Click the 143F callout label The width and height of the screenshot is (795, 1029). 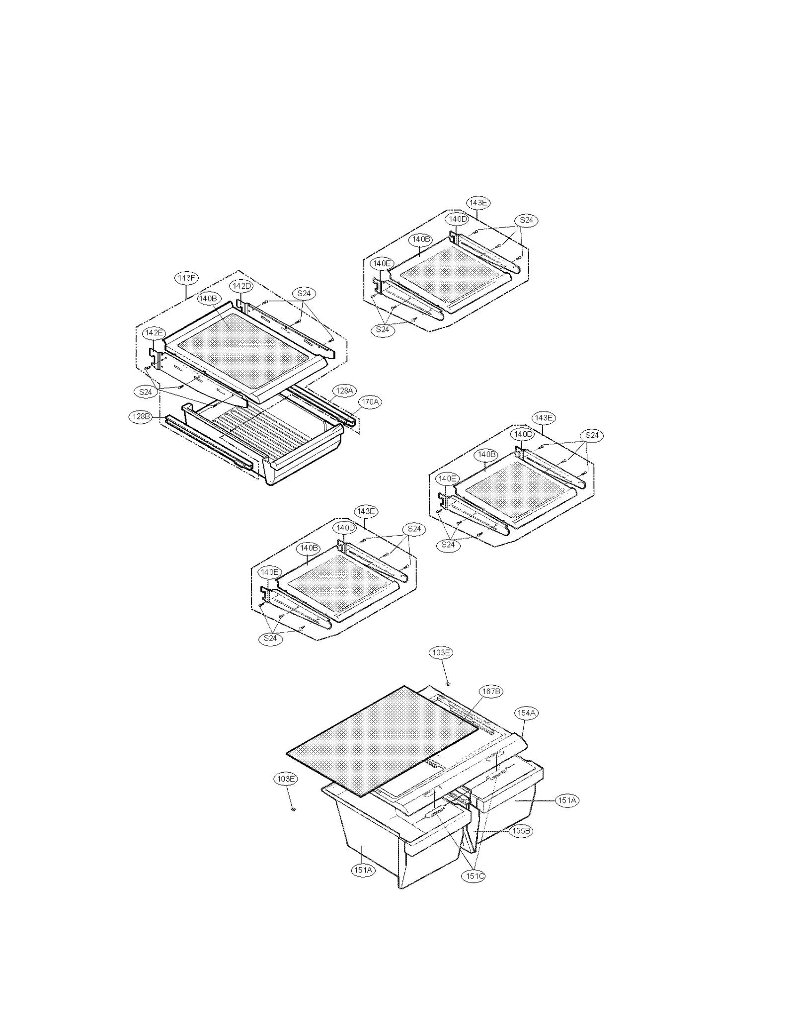click(x=186, y=278)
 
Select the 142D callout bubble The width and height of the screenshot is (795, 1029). click(x=241, y=286)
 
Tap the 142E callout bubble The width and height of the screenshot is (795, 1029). click(x=154, y=332)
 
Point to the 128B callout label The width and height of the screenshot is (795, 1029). click(x=140, y=416)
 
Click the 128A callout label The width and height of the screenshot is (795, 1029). click(x=344, y=391)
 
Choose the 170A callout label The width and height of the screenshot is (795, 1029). click(x=370, y=401)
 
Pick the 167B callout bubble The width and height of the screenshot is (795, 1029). click(x=491, y=691)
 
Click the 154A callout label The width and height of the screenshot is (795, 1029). click(x=527, y=712)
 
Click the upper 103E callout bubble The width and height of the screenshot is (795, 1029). click(x=441, y=652)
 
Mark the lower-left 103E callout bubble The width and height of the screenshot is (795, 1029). click(x=286, y=779)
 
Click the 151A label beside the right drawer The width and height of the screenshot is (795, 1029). click(x=567, y=800)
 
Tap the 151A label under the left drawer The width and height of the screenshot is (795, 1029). click(x=363, y=870)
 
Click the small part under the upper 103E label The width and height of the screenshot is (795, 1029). click(x=447, y=683)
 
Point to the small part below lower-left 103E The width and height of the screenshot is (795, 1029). click(x=293, y=810)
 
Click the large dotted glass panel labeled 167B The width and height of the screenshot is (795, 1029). click(x=383, y=740)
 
